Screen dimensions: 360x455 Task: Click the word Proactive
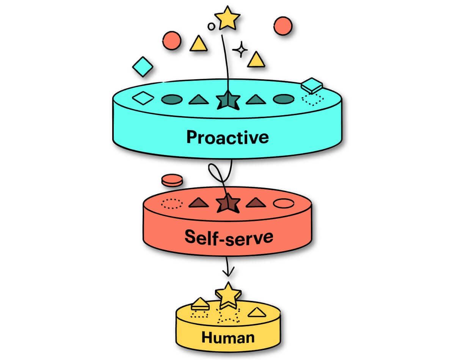click(x=227, y=137)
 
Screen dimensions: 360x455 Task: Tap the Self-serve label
click(x=229, y=237)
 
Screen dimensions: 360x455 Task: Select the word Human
click(x=228, y=337)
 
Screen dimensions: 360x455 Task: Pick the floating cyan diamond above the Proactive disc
click(x=143, y=67)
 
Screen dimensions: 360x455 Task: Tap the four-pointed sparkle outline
click(x=240, y=50)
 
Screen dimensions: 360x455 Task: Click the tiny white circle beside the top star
click(x=211, y=26)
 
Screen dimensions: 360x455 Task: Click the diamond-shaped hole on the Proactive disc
click(x=143, y=99)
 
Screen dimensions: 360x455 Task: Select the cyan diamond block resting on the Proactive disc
click(x=312, y=85)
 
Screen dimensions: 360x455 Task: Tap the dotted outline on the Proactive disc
click(x=312, y=99)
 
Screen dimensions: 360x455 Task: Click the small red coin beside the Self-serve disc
click(x=171, y=180)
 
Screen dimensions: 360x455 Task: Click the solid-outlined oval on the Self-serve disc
click(x=284, y=203)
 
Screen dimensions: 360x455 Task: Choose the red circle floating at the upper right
click(x=282, y=26)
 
